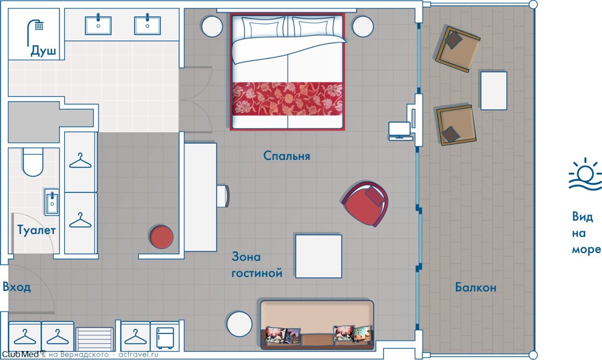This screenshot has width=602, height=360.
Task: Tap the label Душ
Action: point(43,51)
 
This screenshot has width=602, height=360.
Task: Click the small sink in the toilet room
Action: point(52,202)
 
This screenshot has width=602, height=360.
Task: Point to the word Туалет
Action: point(36,230)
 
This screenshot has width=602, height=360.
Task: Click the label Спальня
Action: point(287,156)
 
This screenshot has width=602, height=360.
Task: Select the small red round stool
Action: point(161,237)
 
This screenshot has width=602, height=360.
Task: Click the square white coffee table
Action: point(318,256)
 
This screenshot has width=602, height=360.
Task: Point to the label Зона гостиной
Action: point(257,265)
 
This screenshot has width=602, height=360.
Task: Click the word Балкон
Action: point(475,287)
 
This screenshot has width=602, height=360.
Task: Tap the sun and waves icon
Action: point(585,174)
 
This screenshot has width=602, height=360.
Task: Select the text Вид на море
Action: point(586,233)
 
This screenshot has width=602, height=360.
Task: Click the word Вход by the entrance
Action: point(17,286)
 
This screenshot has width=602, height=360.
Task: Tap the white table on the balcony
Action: point(493,91)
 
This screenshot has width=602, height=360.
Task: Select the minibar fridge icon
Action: point(164,338)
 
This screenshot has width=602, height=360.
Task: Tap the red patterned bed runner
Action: point(287,99)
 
